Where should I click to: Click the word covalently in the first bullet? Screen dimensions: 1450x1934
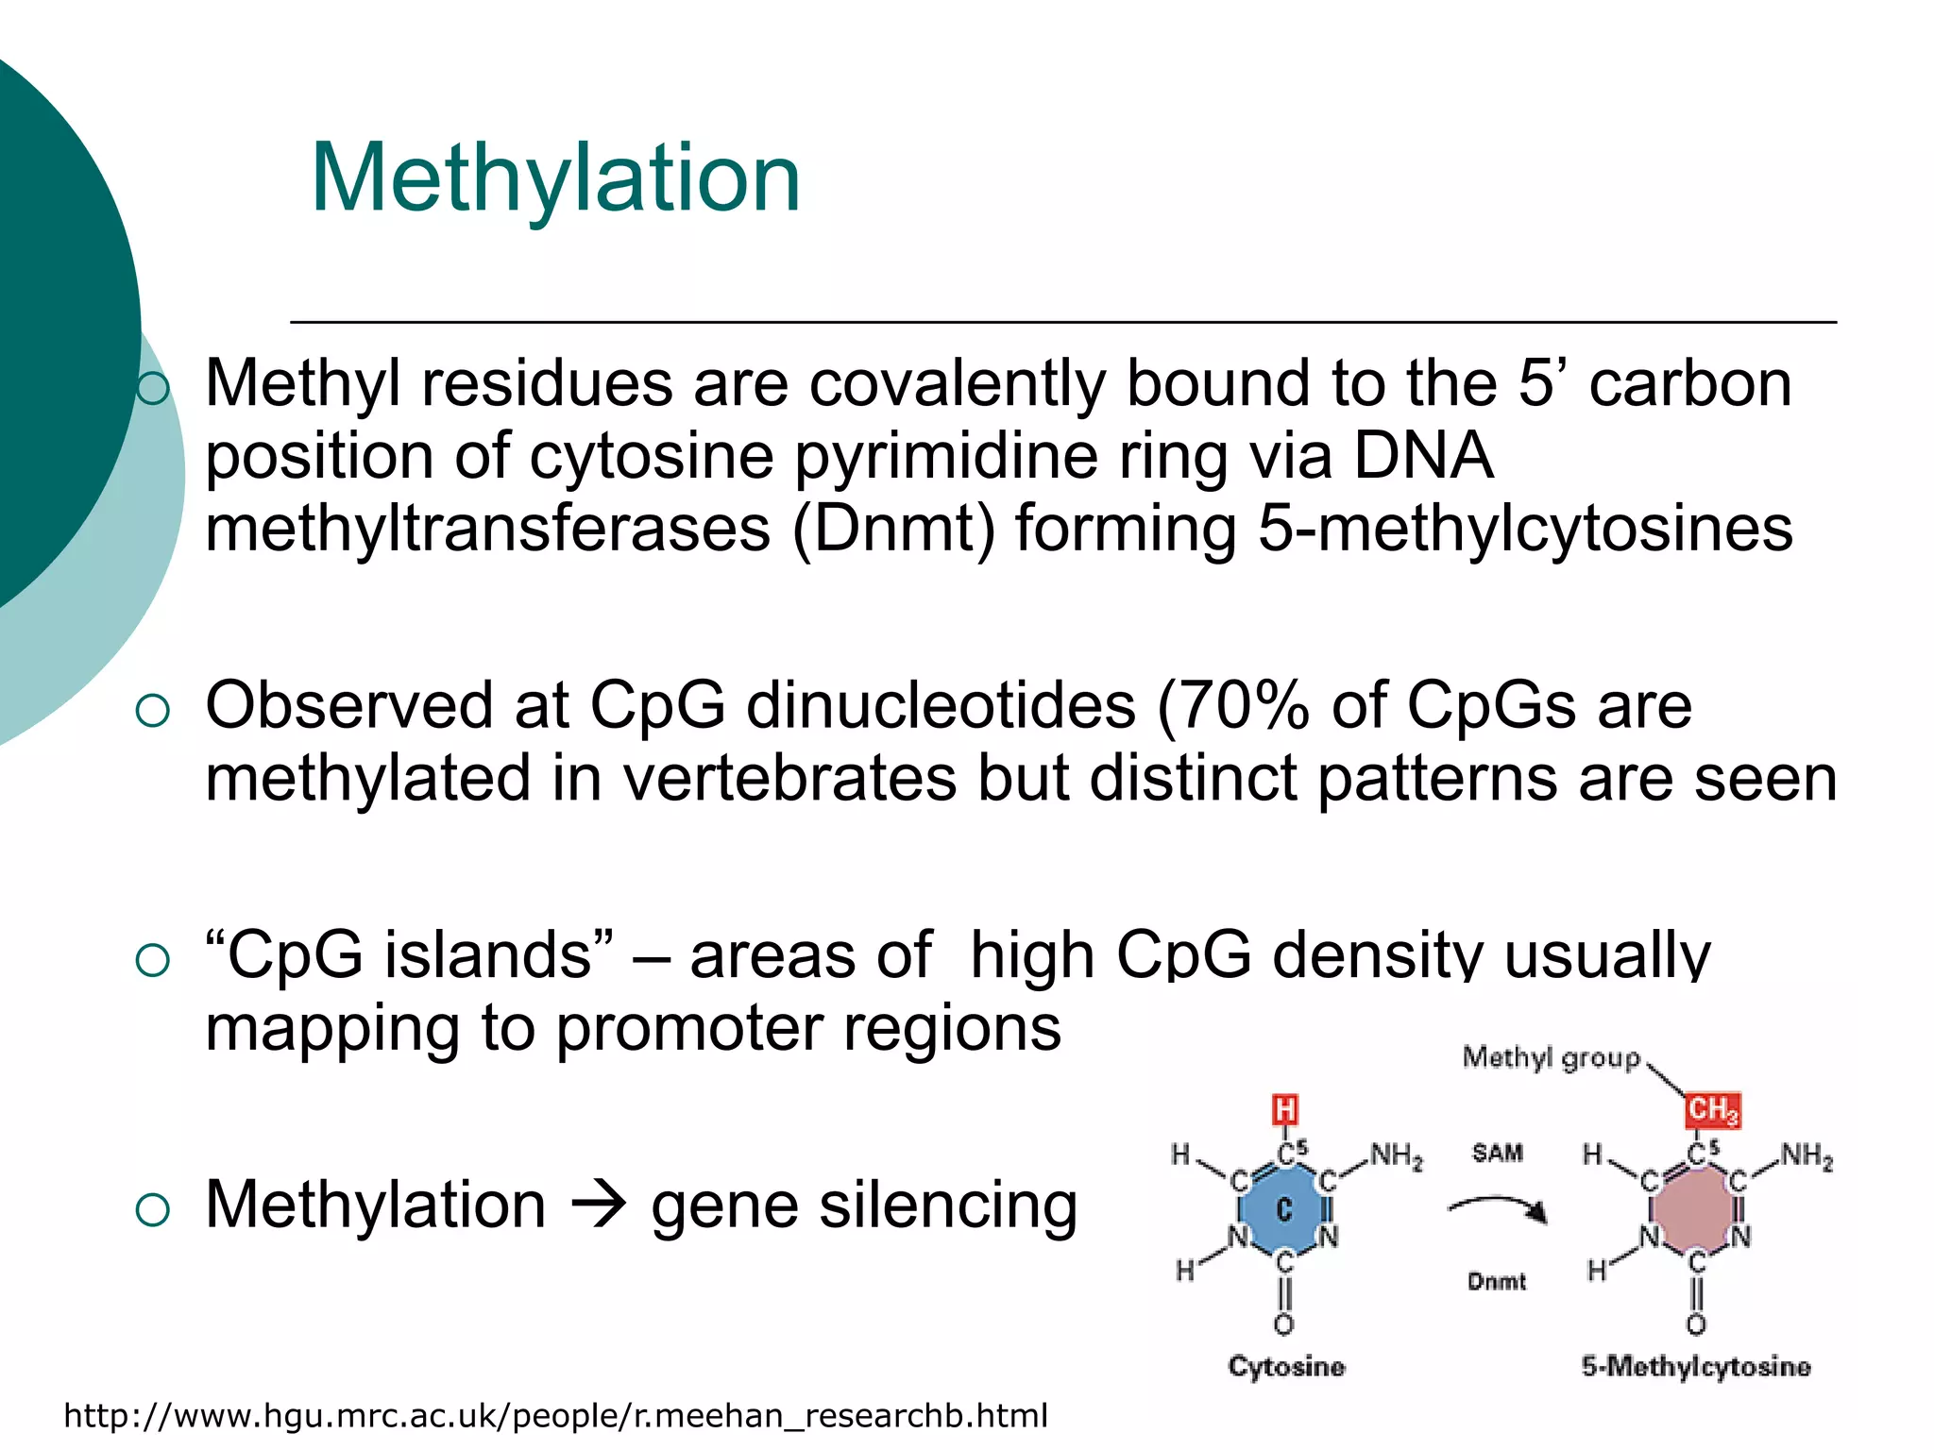click(x=957, y=385)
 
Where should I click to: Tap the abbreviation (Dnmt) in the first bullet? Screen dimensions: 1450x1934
click(x=893, y=529)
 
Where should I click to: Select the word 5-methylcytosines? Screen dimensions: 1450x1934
click(x=1524, y=529)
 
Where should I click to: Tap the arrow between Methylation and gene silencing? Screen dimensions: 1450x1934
click(x=598, y=1206)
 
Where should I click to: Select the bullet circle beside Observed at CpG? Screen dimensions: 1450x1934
click(x=153, y=711)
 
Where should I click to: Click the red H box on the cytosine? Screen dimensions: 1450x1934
click(x=1284, y=1110)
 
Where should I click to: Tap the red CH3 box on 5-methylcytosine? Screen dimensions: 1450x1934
click(x=1711, y=1110)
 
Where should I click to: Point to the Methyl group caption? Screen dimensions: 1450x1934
click(x=1551, y=1058)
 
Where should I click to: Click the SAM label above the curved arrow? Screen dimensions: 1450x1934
click(x=1497, y=1154)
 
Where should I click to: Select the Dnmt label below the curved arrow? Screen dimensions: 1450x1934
click(x=1496, y=1282)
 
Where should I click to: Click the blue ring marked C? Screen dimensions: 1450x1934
click(x=1283, y=1209)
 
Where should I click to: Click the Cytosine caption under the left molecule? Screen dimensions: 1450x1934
click(x=1285, y=1366)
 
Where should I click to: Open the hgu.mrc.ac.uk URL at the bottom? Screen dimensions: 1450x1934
click(x=555, y=1416)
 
